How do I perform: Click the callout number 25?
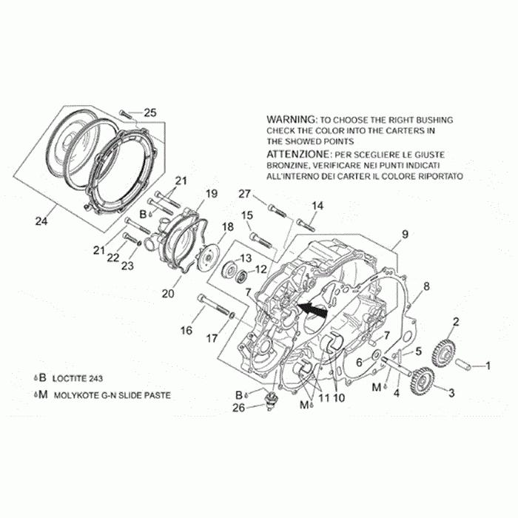(x=150, y=112)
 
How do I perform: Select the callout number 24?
(x=41, y=220)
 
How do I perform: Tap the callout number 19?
(x=211, y=194)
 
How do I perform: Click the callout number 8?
(x=426, y=286)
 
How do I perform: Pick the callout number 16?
(x=187, y=331)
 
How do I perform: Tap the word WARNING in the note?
(x=290, y=119)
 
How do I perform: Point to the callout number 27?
(x=245, y=194)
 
